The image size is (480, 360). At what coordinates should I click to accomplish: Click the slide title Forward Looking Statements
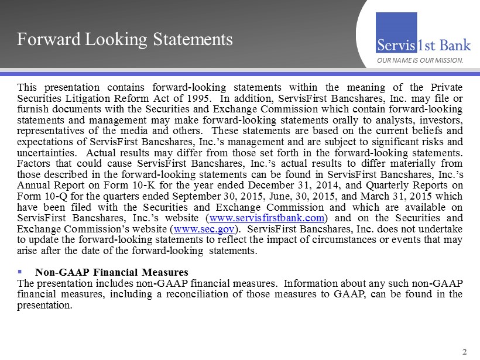125,40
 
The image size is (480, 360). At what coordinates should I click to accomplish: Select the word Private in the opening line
447,87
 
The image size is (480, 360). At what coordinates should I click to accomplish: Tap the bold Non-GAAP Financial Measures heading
111,272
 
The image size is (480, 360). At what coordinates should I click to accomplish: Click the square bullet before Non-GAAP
20,272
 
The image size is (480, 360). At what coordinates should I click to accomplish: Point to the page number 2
465,352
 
